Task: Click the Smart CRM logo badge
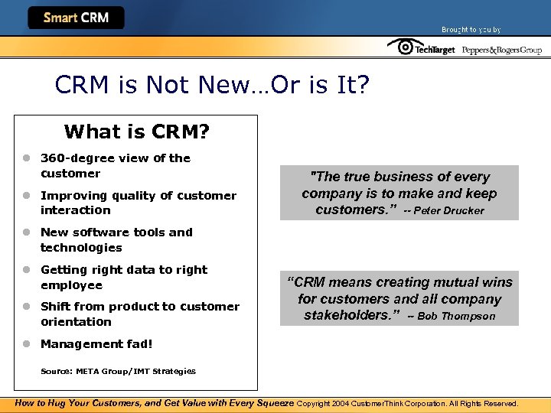76,18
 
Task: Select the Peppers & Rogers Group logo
501,50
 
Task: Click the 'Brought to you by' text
471,30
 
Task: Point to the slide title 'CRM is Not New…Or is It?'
212,84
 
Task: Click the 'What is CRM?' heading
137,132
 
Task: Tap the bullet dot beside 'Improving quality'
25,195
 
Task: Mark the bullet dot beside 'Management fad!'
25,343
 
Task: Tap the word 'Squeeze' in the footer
271,403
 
